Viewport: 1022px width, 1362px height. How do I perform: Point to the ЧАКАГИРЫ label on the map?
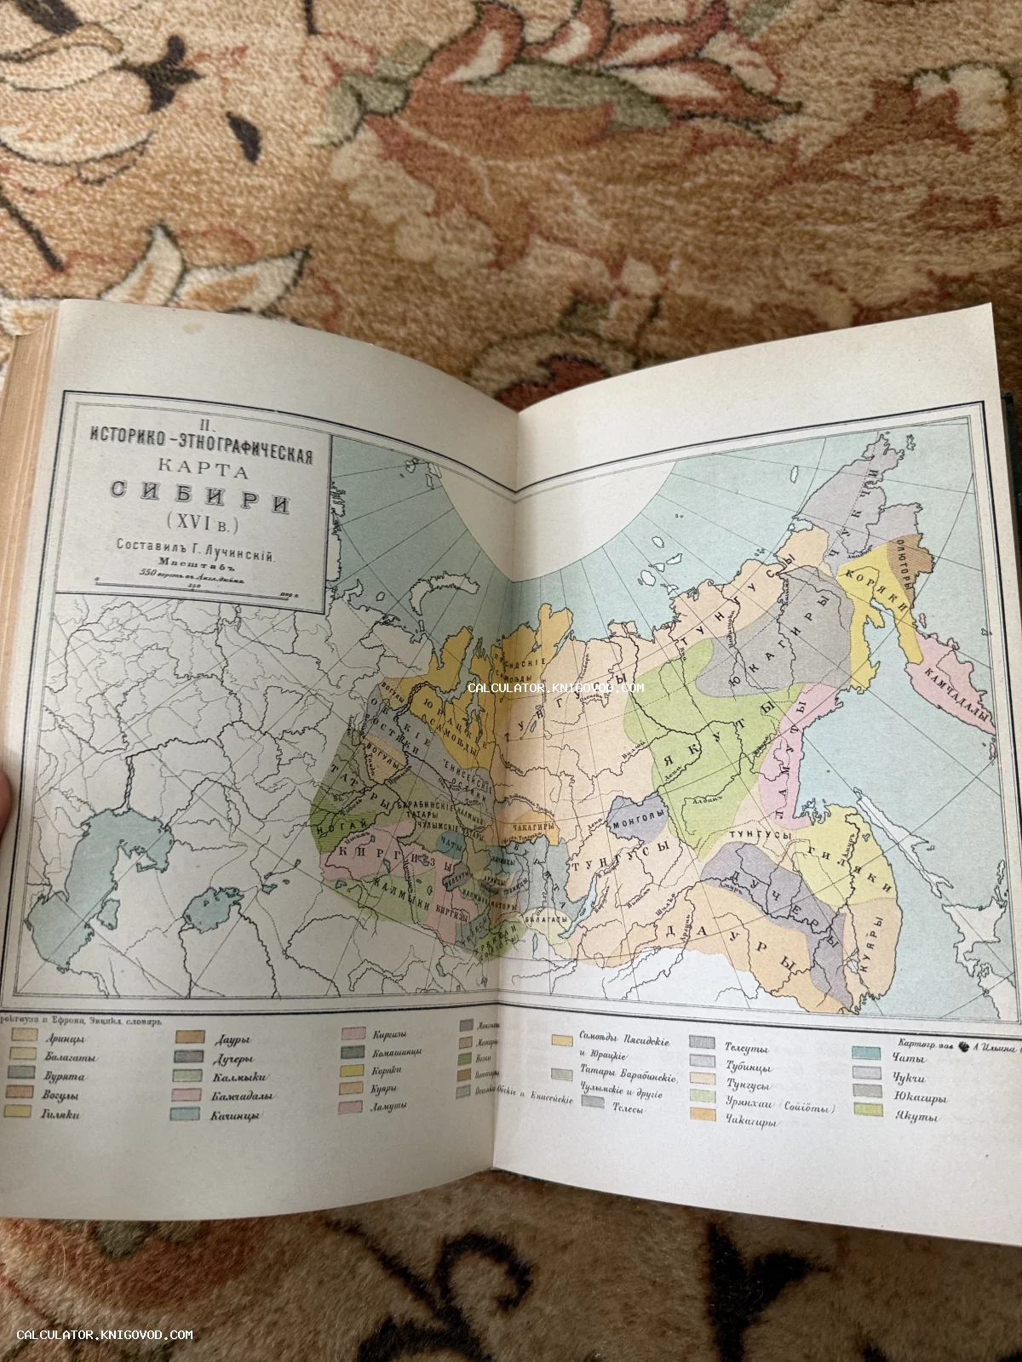coord(534,824)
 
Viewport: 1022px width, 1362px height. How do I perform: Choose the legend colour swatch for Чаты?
coord(866,1053)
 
